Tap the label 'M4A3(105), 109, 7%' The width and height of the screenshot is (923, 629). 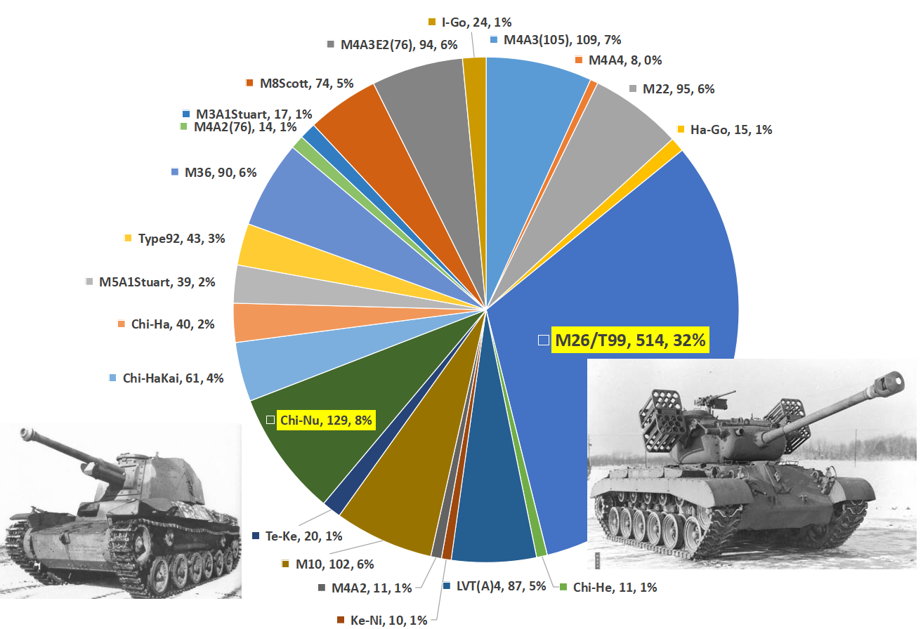click(561, 40)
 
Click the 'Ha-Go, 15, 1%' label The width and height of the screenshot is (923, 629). click(731, 129)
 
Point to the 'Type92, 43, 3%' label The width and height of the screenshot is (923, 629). click(181, 239)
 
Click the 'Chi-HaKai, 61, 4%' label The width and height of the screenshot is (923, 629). click(172, 378)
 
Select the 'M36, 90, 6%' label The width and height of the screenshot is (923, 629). click(220, 173)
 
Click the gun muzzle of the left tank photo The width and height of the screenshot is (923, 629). click(27, 433)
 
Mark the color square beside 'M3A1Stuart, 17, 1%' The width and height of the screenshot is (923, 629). click(186, 114)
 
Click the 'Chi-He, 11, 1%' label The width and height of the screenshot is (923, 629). click(614, 588)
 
